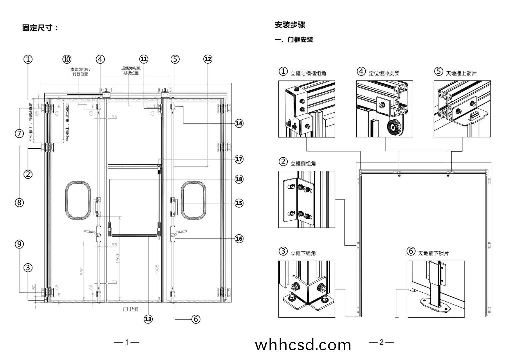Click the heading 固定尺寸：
coord(40,28)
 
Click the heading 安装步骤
coord(290,25)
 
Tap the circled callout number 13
coord(148,319)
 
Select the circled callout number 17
coord(239,159)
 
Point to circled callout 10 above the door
coord(67,59)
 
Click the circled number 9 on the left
coord(19,244)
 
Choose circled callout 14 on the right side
coord(239,123)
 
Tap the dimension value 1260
coord(117,259)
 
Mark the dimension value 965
coord(157,269)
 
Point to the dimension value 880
coord(82,272)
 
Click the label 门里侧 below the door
coord(130,309)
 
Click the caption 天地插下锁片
coord(433,253)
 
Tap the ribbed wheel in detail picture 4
coord(395,128)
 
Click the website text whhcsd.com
coord(303,345)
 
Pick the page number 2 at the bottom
coord(382,342)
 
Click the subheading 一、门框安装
coord(294,40)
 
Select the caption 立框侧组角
coord(303,164)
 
